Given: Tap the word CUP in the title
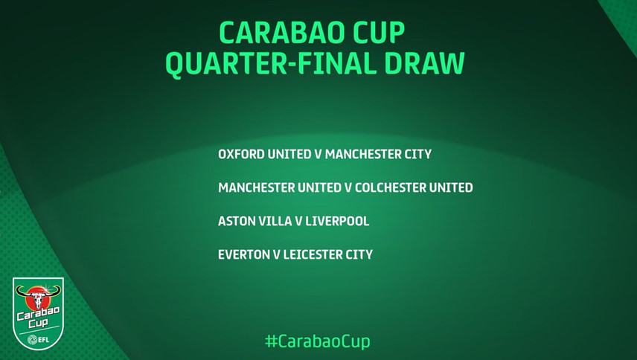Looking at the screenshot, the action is tap(379, 33).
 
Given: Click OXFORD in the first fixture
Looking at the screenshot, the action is tap(241, 154).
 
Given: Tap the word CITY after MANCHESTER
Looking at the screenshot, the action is tap(417, 154).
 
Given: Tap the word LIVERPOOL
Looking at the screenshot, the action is tap(337, 221).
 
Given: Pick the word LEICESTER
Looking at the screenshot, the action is tap(313, 254).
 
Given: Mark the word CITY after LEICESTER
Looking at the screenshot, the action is tap(359, 254).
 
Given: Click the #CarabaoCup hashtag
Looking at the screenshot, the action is tap(317, 341).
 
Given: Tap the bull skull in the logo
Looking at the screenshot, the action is tap(38, 297).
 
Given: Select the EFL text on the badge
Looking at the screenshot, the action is tap(43, 339).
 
